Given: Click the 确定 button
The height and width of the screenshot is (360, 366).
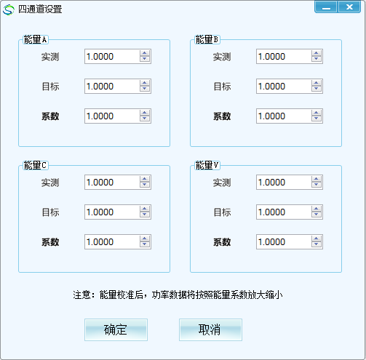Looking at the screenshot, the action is [116, 329].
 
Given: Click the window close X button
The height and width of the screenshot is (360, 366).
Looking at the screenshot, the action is [349, 7].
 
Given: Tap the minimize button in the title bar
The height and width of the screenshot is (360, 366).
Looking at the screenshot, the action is [326, 7].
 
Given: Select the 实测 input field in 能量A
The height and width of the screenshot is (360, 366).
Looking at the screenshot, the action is [112, 57].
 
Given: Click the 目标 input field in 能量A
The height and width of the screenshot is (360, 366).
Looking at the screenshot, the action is [112, 86].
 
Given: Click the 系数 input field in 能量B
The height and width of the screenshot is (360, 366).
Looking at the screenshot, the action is [284, 116].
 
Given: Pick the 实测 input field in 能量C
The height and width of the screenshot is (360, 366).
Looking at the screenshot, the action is [112, 182].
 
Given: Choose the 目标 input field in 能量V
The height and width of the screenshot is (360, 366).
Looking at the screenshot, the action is [284, 212].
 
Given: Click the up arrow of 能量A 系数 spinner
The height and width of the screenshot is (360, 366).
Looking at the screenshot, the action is [145, 113].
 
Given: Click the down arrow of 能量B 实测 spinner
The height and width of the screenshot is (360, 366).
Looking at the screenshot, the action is [317, 59].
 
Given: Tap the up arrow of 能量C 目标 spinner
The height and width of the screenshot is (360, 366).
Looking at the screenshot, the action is [145, 209].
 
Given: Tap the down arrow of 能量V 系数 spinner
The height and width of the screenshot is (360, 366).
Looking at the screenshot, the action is [317, 244].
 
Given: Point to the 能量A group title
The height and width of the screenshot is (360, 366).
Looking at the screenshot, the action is [36, 39].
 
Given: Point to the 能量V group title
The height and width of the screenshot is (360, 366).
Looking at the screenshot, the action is [207, 165].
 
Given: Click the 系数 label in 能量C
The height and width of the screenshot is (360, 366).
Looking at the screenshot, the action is [50, 242].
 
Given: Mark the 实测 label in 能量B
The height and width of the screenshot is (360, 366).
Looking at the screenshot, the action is [222, 57].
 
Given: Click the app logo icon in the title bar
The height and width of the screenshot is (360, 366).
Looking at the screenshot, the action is [9, 9].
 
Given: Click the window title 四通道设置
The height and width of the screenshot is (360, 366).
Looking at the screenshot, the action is [40, 9].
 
